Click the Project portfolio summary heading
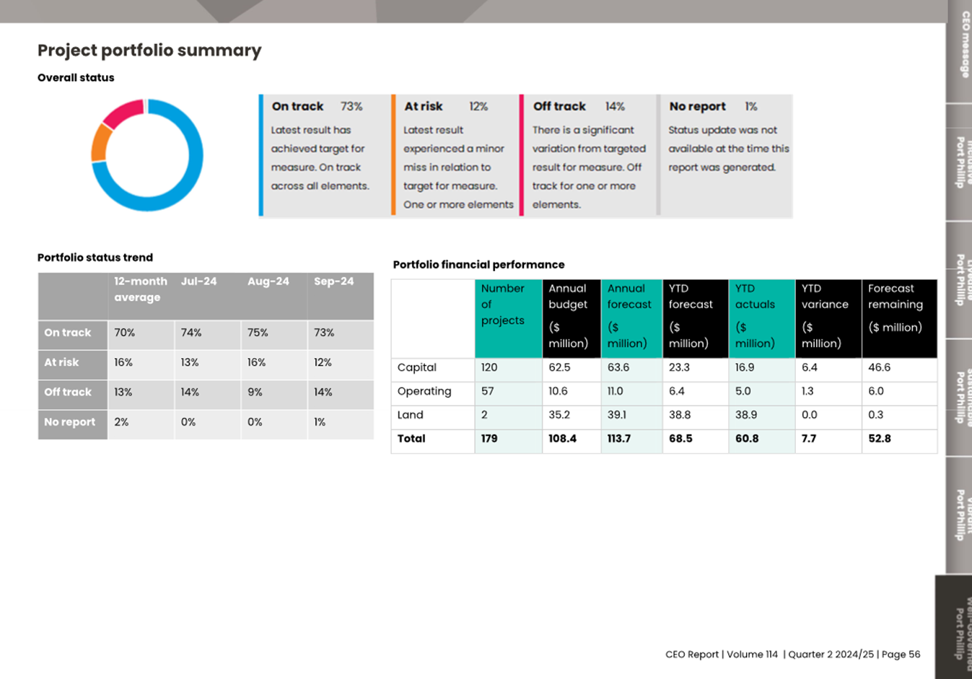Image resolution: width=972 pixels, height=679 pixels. click(149, 51)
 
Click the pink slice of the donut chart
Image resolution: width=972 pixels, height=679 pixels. click(123, 113)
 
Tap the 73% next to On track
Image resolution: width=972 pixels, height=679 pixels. click(351, 107)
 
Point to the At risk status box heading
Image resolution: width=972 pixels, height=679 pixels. click(423, 107)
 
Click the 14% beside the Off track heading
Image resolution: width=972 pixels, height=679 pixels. click(615, 107)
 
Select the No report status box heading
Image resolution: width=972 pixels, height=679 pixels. click(697, 107)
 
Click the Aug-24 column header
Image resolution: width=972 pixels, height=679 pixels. click(268, 281)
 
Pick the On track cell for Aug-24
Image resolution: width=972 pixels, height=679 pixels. click(258, 333)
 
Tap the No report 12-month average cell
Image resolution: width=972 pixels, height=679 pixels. click(121, 422)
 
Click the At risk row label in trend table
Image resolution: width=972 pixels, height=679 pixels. click(61, 362)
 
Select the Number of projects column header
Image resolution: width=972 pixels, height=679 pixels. click(503, 304)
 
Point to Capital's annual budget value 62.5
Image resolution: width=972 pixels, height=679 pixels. click(559, 367)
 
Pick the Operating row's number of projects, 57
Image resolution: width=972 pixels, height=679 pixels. click(488, 391)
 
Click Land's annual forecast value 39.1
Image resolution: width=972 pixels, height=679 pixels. click(617, 415)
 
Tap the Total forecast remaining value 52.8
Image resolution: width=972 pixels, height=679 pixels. click(880, 439)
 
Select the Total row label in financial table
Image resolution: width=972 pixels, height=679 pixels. click(411, 439)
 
